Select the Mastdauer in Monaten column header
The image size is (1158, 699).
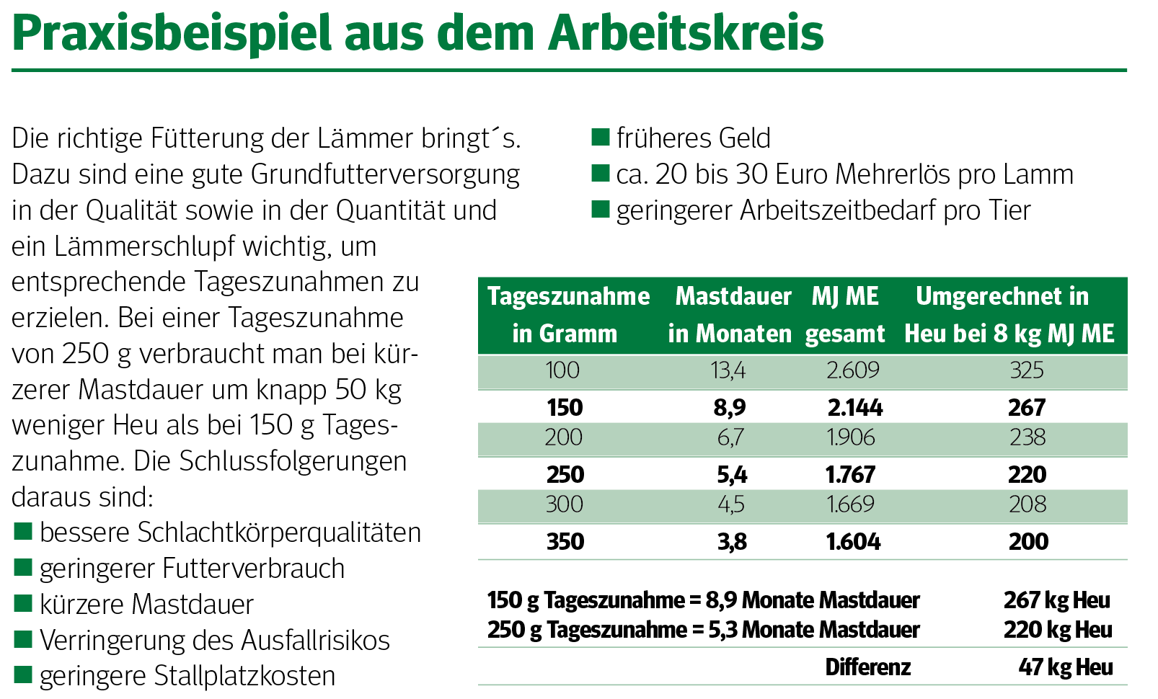(731, 315)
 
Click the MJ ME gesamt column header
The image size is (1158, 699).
(845, 315)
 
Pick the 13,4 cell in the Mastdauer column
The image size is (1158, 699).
(728, 370)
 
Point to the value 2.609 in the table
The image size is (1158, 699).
(853, 370)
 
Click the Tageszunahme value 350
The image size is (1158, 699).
(565, 541)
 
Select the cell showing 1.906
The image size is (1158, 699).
(852, 437)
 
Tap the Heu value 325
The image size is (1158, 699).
(1027, 370)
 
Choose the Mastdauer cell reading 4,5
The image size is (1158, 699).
(731, 504)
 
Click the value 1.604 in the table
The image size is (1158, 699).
(854, 541)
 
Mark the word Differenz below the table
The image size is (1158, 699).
(868, 667)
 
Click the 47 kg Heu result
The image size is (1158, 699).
(1066, 667)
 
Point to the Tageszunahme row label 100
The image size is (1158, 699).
(562, 370)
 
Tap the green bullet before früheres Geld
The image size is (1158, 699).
(600, 137)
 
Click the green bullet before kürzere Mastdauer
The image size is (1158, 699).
(23, 603)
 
